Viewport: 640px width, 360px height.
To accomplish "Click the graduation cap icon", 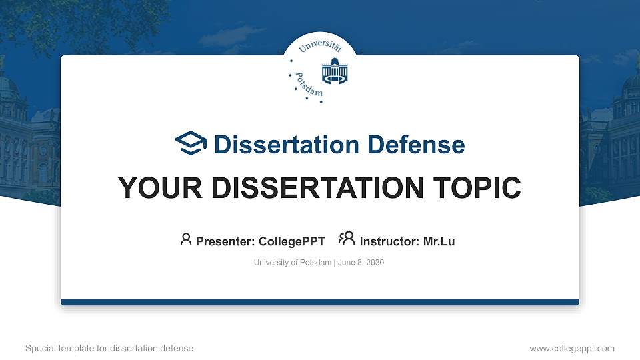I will [x=191, y=143].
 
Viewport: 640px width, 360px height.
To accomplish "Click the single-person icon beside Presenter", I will [x=186, y=239].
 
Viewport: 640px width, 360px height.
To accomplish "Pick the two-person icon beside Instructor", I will [x=347, y=239].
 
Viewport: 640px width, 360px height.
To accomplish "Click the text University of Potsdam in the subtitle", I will [x=292, y=263].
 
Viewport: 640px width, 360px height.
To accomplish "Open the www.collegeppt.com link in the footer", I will [x=571, y=348].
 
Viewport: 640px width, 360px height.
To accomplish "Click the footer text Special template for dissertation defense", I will [x=109, y=348].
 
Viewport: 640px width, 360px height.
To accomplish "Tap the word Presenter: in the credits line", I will [x=225, y=241].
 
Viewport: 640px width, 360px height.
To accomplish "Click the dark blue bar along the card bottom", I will [x=320, y=302].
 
